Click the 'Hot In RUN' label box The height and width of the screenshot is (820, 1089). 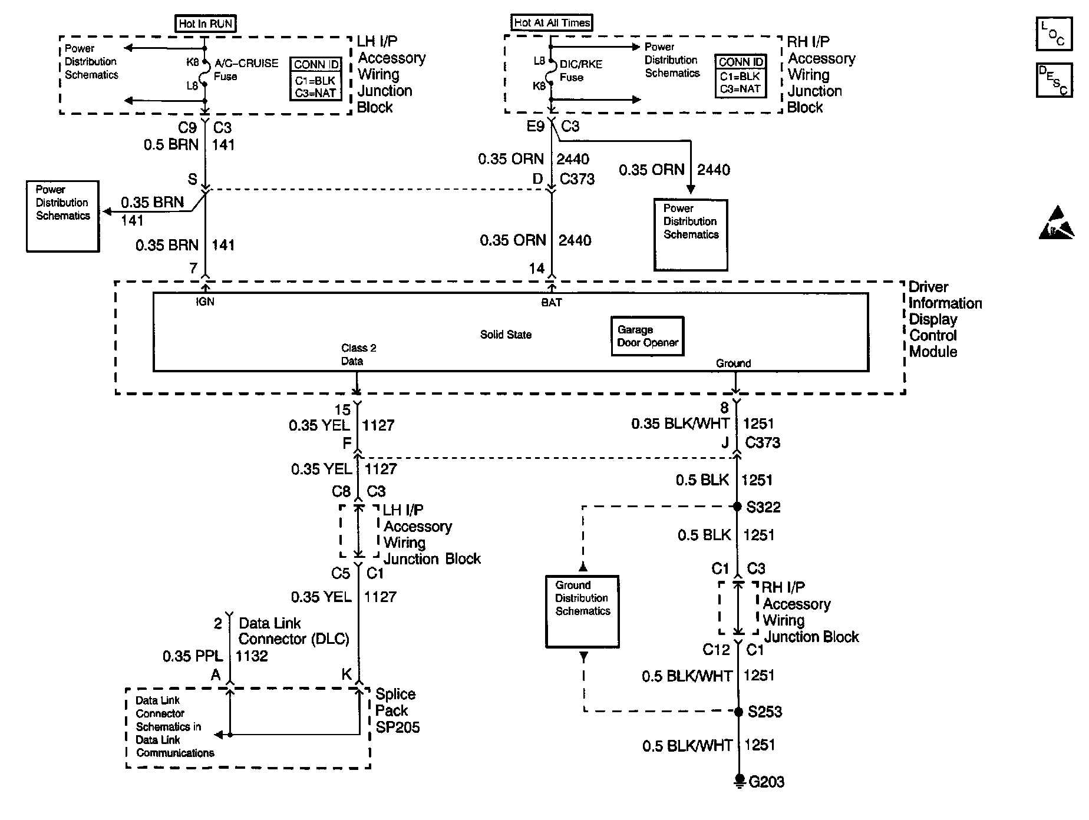click(x=206, y=24)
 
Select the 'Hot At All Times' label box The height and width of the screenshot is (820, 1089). click(x=552, y=22)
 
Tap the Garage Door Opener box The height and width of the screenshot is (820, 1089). click(x=648, y=336)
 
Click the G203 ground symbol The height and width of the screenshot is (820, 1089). click(x=738, y=782)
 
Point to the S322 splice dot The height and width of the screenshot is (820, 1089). click(x=737, y=506)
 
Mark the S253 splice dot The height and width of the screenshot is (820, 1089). click(x=738, y=712)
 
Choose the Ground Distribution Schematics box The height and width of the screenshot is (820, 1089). click(x=582, y=611)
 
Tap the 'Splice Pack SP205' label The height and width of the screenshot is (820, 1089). click(x=398, y=710)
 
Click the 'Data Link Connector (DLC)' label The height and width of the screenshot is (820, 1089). click(x=294, y=631)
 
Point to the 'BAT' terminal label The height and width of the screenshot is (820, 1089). click(x=552, y=302)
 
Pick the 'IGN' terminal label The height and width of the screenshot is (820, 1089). click(x=205, y=302)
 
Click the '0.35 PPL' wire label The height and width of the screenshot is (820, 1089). click(x=193, y=656)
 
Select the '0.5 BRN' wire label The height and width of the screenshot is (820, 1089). click(x=171, y=144)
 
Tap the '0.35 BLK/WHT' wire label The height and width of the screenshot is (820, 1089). click(x=680, y=424)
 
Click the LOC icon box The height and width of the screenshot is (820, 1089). click(x=1054, y=35)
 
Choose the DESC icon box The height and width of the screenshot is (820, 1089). click(x=1054, y=80)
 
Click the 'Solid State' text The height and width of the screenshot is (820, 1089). click(x=506, y=335)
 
